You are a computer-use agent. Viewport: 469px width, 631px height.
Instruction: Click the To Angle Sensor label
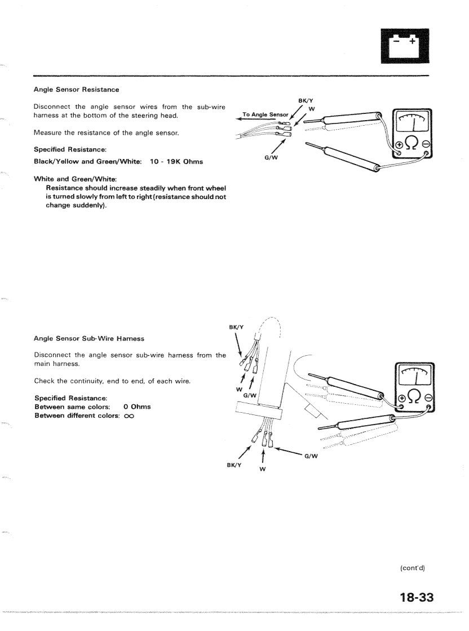click(x=265, y=114)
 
